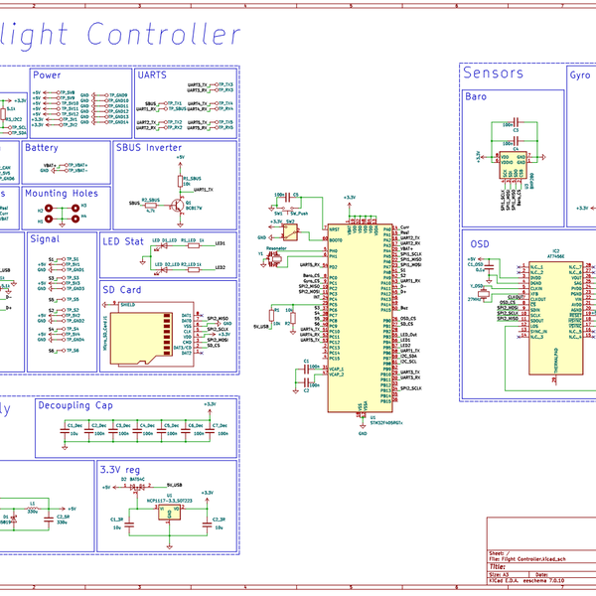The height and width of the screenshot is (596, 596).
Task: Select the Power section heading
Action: pyautogui.click(x=48, y=75)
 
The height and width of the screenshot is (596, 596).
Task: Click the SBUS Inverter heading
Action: pyautogui.click(x=149, y=147)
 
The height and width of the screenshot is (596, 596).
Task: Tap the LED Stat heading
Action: pyautogui.click(x=123, y=241)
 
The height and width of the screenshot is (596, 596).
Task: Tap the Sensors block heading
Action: pyautogui.click(x=493, y=73)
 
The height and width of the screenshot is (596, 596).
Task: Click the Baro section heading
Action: pyautogui.click(x=477, y=96)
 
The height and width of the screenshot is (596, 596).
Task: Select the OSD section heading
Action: pyautogui.click(x=480, y=243)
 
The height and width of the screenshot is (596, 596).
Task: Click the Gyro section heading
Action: pyautogui.click(x=580, y=74)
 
